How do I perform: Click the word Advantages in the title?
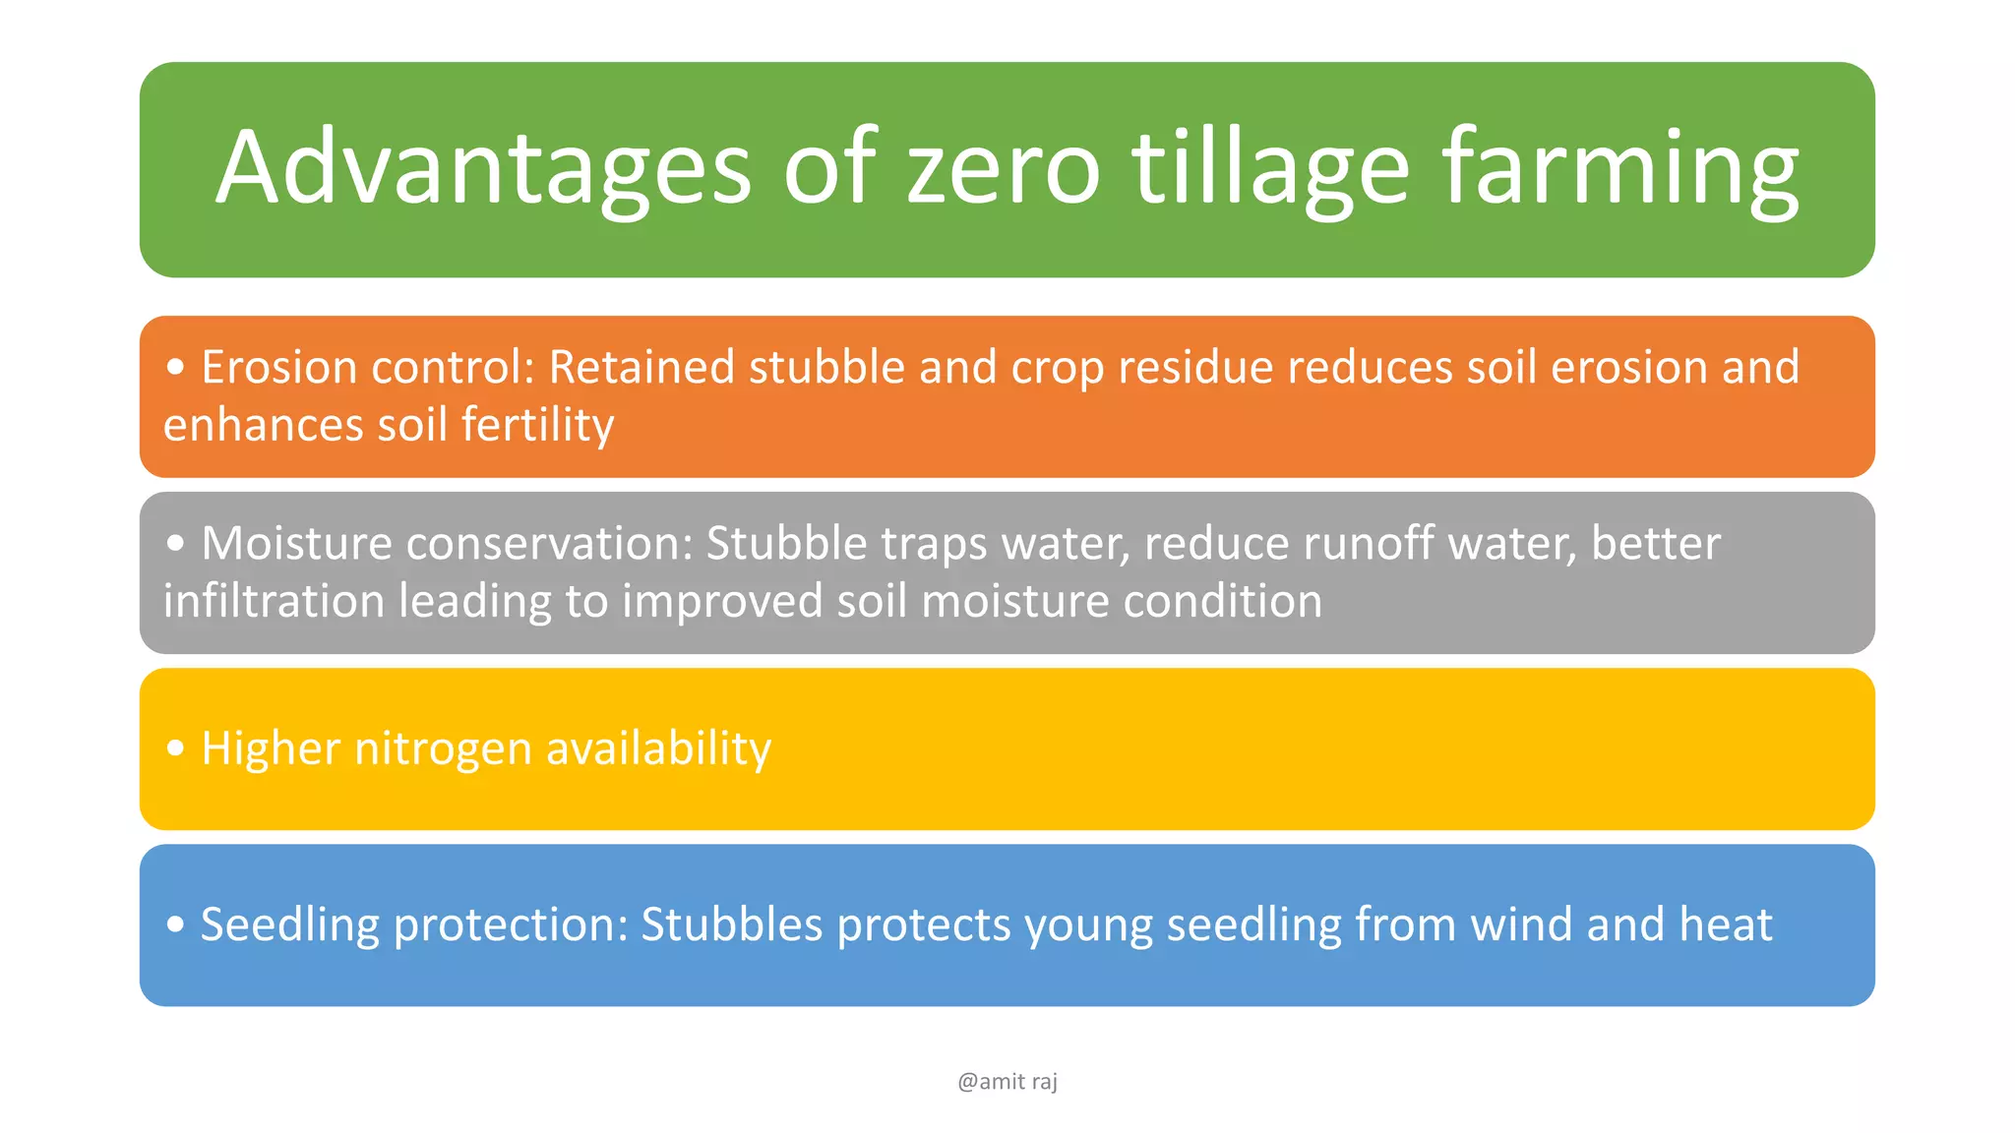click(x=483, y=169)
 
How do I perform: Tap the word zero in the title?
click(x=1003, y=169)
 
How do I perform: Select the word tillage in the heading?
click(x=1270, y=169)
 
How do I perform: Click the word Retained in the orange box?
click(x=641, y=367)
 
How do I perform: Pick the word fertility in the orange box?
click(x=537, y=425)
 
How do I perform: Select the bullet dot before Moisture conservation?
click(x=176, y=544)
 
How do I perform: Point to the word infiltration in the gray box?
click(x=274, y=601)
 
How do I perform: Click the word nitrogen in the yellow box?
click(x=443, y=749)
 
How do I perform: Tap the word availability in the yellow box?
click(x=658, y=749)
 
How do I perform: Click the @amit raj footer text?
click(x=1007, y=1082)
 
